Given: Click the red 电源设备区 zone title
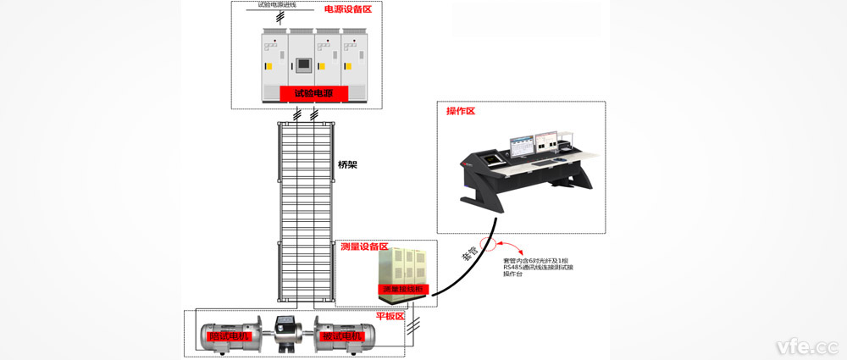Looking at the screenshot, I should click(x=347, y=9).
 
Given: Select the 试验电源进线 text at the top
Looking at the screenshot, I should click(x=279, y=4).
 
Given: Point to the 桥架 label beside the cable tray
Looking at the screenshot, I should click(x=346, y=164).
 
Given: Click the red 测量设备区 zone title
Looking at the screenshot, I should click(x=363, y=246).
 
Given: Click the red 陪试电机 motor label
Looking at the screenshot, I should click(x=221, y=337).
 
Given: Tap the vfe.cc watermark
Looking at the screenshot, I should click(x=807, y=347).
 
